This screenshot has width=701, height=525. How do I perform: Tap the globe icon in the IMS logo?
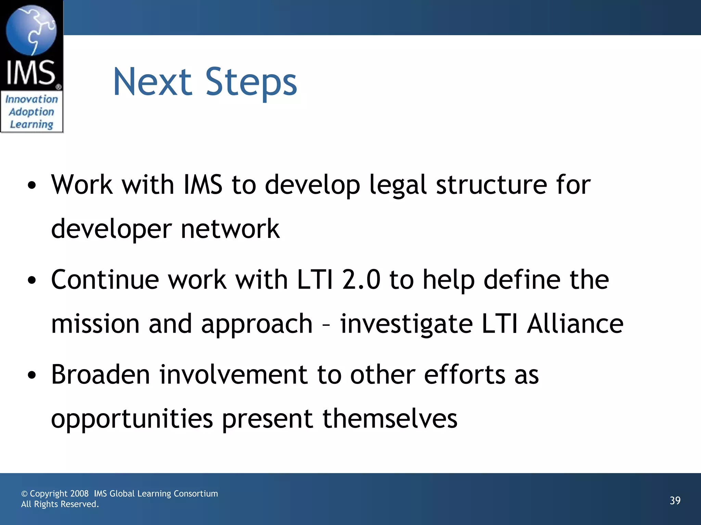(31, 30)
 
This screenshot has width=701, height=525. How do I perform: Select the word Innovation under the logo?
(31, 99)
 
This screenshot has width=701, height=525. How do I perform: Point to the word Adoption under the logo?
(31, 112)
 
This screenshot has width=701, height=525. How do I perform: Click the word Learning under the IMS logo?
(31, 124)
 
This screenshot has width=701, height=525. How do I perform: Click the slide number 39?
(675, 500)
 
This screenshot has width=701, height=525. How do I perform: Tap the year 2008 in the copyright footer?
(79, 494)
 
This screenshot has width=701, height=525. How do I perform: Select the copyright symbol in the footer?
(24, 494)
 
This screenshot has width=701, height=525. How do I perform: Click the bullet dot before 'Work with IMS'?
(32, 186)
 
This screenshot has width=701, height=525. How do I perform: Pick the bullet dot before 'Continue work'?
(32, 281)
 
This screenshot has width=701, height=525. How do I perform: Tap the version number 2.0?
(361, 280)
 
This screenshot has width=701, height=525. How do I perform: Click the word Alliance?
(575, 324)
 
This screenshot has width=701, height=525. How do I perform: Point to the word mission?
(95, 324)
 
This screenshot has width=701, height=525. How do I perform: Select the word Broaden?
(101, 375)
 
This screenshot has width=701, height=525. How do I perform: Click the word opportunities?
(132, 419)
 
